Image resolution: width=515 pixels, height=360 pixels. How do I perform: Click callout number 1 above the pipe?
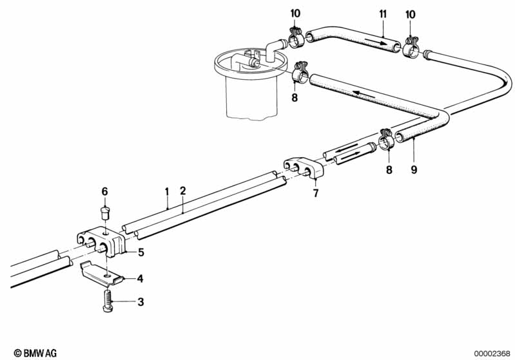(166, 191)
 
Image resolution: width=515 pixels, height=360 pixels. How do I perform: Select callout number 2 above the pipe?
(183, 191)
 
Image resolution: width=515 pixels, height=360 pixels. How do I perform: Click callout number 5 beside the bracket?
(141, 252)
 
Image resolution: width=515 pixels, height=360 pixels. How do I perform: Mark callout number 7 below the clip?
(315, 193)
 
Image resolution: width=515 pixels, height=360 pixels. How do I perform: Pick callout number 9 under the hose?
(414, 170)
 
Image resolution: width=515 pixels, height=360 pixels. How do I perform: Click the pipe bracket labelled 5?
(103, 242)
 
